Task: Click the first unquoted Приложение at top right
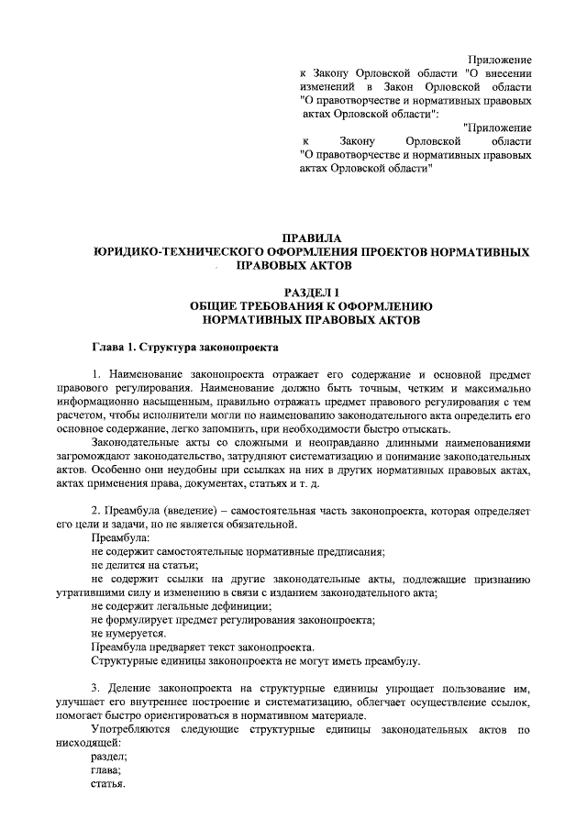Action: [x=500, y=60]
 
